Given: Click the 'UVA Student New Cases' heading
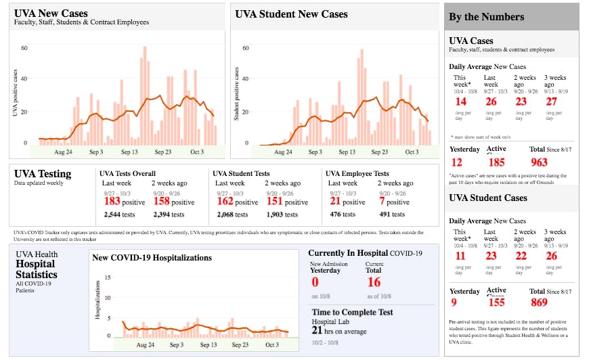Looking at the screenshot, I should [x=291, y=14].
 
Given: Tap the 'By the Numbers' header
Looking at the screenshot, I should [x=486, y=17].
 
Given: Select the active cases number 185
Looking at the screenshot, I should [x=496, y=162].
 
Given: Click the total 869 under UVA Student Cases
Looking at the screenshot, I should [x=540, y=302].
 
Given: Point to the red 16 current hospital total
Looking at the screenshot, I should [x=374, y=282].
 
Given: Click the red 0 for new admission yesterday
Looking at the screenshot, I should [x=315, y=282].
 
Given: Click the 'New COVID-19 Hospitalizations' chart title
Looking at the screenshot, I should [x=152, y=258].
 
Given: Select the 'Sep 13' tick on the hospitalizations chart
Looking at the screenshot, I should [x=209, y=345].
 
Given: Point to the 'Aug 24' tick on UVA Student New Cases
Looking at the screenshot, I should [x=284, y=152].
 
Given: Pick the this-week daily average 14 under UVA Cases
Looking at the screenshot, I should [x=461, y=102].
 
